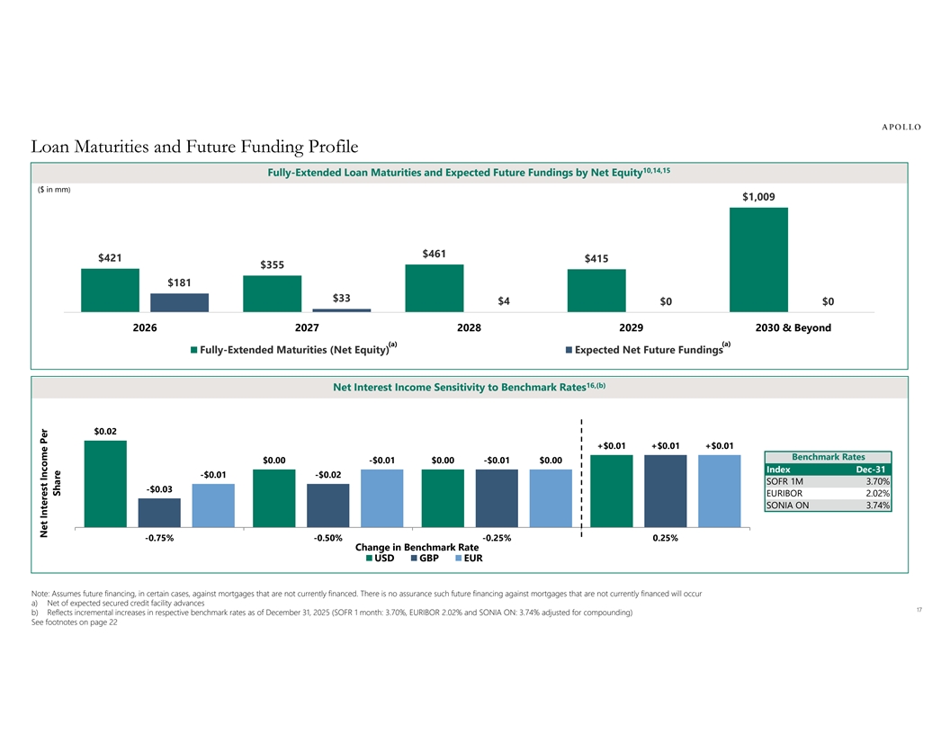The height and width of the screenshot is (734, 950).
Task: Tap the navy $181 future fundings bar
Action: [179, 302]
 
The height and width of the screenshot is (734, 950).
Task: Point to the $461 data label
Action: [435, 255]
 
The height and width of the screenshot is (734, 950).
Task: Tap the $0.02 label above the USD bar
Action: [105, 431]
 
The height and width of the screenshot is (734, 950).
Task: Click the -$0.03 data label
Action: [158, 488]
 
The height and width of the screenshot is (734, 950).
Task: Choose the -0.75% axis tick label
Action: [159, 538]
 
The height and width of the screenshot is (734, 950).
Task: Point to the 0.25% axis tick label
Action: [665, 538]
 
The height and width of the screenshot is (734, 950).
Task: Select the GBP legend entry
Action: [428, 558]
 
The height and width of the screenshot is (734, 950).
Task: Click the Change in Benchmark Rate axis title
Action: [417, 547]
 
